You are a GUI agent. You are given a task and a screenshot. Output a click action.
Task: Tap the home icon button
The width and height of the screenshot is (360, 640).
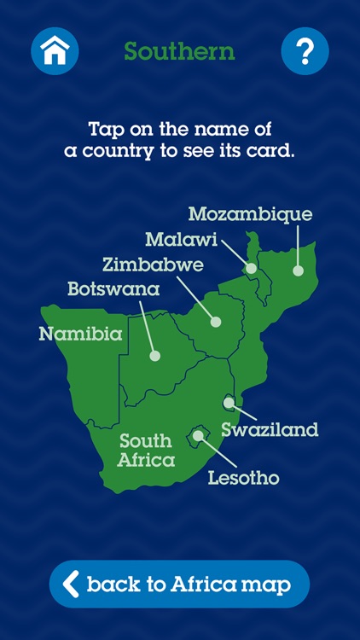pos(55,51)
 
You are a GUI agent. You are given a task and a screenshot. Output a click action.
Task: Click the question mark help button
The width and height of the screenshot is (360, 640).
pos(305,51)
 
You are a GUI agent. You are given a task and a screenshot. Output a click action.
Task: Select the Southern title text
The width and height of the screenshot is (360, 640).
pos(179,51)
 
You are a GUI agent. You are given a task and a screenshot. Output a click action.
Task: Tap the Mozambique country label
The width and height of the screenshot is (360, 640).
pos(250,214)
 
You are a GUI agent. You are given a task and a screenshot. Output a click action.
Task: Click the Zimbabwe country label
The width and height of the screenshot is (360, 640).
pos(153,265)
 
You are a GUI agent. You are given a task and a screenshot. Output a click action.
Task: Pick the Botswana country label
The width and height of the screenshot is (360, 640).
pos(113,289)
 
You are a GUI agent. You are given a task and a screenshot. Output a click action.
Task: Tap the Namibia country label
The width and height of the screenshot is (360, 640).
pos(80,334)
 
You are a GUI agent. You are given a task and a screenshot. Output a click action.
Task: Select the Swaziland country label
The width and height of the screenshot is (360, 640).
pos(270,429)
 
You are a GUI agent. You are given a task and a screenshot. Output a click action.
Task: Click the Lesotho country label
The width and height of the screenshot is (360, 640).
pos(243,477)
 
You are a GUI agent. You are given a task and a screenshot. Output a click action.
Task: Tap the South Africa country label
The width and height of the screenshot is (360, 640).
pos(147,451)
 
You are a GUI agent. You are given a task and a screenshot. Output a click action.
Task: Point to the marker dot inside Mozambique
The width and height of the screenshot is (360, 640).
pos(298,271)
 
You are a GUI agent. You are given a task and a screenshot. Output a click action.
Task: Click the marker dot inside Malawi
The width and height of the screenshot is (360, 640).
pos(251,268)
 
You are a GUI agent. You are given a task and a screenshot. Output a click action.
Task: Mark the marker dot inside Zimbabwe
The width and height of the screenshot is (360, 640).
pos(215,322)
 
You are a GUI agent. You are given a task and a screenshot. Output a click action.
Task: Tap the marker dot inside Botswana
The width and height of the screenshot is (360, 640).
pos(154,356)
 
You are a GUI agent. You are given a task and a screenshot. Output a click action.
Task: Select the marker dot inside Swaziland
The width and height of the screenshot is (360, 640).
pos(229,402)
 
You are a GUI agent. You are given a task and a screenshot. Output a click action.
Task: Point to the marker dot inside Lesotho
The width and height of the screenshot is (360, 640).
pos(198,435)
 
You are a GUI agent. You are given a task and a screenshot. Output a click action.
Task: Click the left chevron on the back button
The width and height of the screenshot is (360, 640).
pos(72,585)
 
